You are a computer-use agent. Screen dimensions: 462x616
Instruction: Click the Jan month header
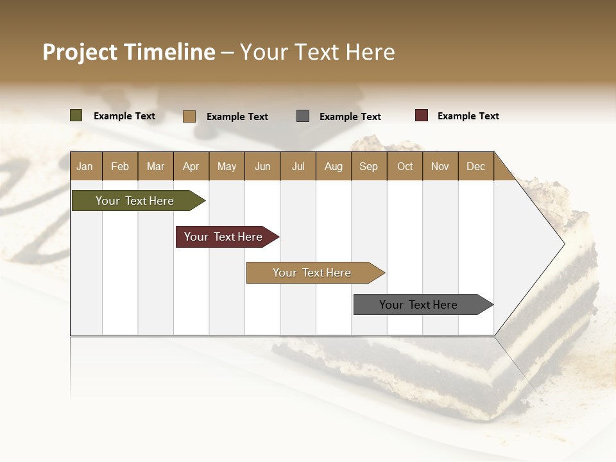tap(85, 166)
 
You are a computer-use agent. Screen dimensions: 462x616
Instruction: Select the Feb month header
tap(120, 166)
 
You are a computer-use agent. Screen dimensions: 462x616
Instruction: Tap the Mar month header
tap(155, 166)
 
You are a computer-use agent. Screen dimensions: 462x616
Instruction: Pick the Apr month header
tap(191, 166)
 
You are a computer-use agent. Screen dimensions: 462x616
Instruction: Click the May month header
tap(227, 166)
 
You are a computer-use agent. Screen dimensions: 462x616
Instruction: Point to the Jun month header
tap(262, 166)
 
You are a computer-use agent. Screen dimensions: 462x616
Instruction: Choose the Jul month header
tap(298, 166)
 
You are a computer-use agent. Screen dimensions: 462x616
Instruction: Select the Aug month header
tap(333, 166)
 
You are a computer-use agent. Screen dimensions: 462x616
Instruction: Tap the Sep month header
tap(368, 166)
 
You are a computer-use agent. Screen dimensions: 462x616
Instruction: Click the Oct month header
tap(405, 166)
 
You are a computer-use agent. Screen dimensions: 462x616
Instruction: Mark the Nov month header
tap(440, 166)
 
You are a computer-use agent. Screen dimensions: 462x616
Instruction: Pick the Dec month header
tap(475, 166)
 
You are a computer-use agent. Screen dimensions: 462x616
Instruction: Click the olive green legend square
tap(76, 116)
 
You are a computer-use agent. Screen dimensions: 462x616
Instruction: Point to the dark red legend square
tap(422, 116)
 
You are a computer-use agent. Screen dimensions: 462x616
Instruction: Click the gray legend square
tap(303, 116)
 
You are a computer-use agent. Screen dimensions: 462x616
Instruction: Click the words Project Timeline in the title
tap(129, 52)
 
